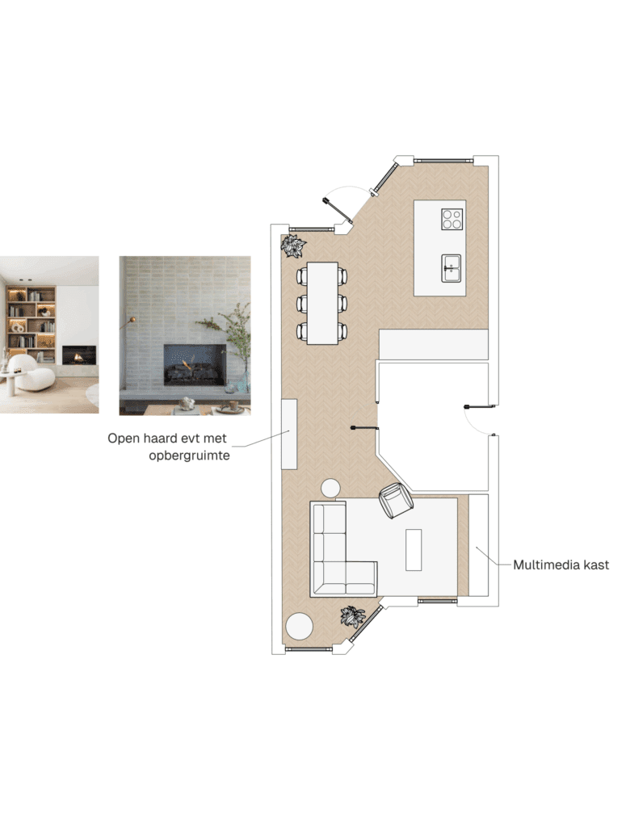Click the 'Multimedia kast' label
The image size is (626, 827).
click(x=561, y=565)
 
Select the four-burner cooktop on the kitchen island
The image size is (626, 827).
click(x=452, y=219)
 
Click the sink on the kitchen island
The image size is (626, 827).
click(x=451, y=267)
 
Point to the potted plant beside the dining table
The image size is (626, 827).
click(x=292, y=245)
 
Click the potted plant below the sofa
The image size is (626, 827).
click(x=352, y=616)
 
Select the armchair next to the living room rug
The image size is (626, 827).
click(x=396, y=499)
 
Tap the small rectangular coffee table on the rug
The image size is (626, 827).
click(x=414, y=549)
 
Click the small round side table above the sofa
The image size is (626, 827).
click(x=331, y=489)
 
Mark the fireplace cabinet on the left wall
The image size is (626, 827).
click(x=289, y=434)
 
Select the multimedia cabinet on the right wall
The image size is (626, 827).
click(x=478, y=545)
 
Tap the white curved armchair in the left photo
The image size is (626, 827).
click(x=34, y=372)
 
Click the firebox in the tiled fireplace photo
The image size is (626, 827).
click(x=194, y=364)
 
